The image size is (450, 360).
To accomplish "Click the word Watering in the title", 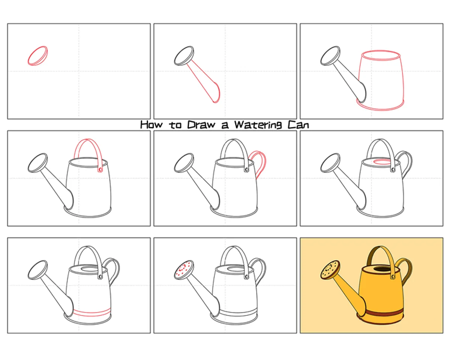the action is tap(258, 125).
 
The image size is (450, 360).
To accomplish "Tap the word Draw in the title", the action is tap(201, 124).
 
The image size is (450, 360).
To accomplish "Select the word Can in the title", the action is tap(298, 125).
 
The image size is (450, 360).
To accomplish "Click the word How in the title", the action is tap(151, 124).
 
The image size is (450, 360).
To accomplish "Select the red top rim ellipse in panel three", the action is tap(381, 55).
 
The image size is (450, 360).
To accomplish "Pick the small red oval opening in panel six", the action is tap(382, 162).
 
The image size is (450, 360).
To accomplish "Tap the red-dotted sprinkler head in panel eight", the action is tap(184, 270).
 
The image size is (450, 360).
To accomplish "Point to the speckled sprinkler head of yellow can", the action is tap(330, 270).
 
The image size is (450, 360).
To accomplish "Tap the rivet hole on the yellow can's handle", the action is tap(393, 277).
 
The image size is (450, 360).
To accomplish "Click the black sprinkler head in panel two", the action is tap(184, 55).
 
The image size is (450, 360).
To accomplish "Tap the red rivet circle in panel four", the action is tap(100, 169).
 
